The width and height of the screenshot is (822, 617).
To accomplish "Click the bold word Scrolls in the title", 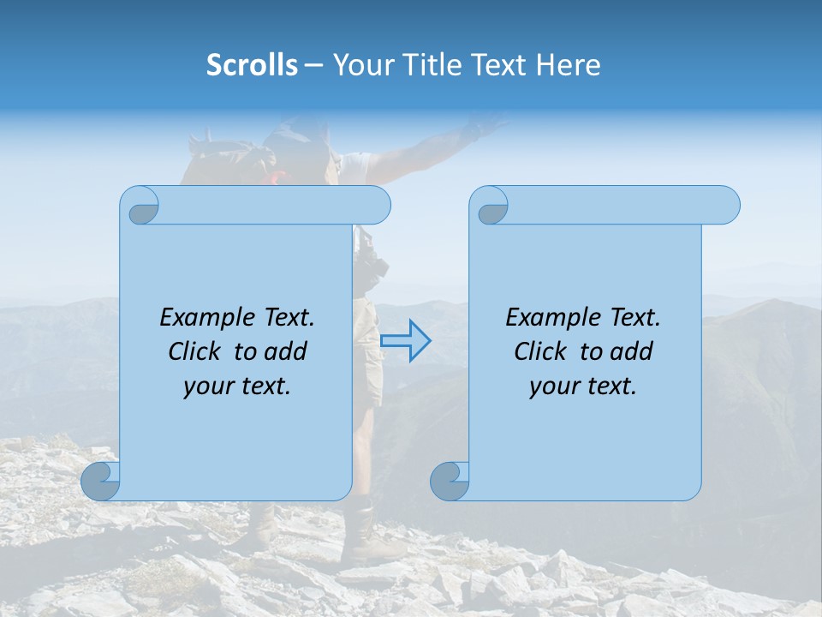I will click(252, 65).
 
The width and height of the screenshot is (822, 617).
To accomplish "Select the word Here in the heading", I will click(569, 65).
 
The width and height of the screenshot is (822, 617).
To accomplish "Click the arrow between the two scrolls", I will click(405, 340).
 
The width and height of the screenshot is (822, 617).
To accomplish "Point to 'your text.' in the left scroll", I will click(237, 386).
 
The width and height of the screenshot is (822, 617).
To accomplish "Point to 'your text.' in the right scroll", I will click(583, 386).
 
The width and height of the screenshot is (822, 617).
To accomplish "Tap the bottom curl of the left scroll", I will click(101, 481).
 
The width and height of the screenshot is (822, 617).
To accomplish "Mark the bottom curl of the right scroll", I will click(450, 481).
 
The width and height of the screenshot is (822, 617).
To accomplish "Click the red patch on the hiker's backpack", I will click(276, 177).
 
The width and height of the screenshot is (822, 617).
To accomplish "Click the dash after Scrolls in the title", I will click(313, 65).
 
